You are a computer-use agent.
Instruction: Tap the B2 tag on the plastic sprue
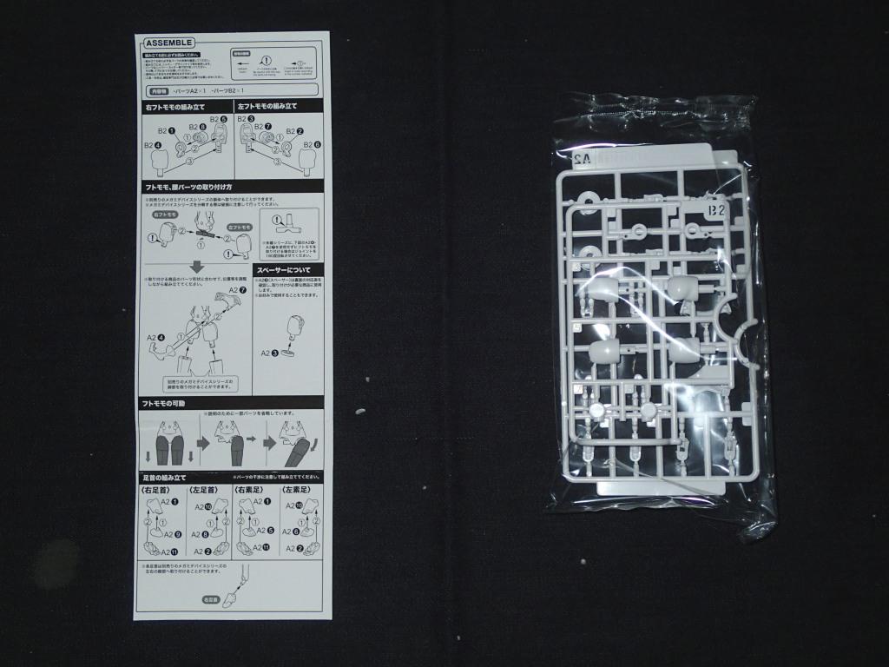click(x=716, y=210)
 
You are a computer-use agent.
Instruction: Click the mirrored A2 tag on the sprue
click(x=583, y=159)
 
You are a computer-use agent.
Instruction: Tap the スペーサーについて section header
click(x=288, y=270)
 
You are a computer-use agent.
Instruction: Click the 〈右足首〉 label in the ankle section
click(x=157, y=491)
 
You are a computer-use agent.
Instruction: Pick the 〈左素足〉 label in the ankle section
click(x=296, y=491)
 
